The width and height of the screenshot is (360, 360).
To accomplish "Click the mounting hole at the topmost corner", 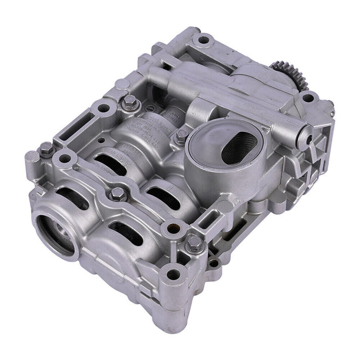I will (204, 40).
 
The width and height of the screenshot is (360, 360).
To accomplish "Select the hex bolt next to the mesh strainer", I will (181, 136).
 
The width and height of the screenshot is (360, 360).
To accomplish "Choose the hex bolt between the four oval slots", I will (117, 193).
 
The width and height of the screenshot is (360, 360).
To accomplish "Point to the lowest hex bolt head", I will (193, 242).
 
